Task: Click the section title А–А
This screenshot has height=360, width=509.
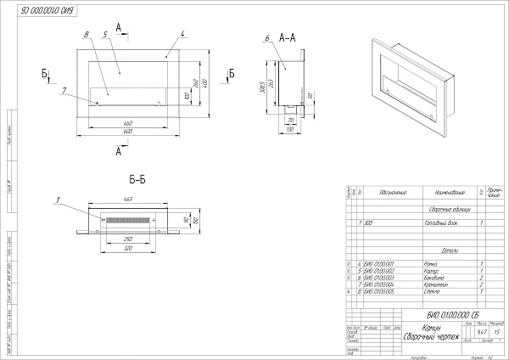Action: (x=287, y=37)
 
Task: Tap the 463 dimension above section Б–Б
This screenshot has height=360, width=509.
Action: (x=128, y=200)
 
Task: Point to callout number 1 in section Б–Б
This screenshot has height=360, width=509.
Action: (x=57, y=201)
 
